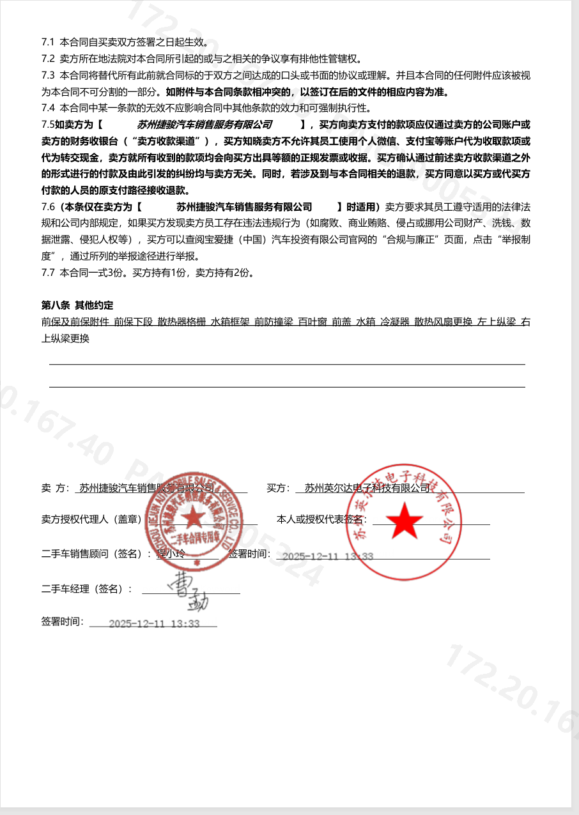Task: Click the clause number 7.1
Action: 48,42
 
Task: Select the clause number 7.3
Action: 48,75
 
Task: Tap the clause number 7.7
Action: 48,273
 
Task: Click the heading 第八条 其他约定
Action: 77,306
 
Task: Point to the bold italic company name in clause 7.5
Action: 205,125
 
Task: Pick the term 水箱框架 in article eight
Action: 230,323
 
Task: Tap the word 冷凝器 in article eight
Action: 394,323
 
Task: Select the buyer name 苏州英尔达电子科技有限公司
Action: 367,489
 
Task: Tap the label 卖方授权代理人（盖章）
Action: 91,519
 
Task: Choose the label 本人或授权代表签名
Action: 320,519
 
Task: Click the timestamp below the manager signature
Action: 154,623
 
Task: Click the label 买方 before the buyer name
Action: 277,489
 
